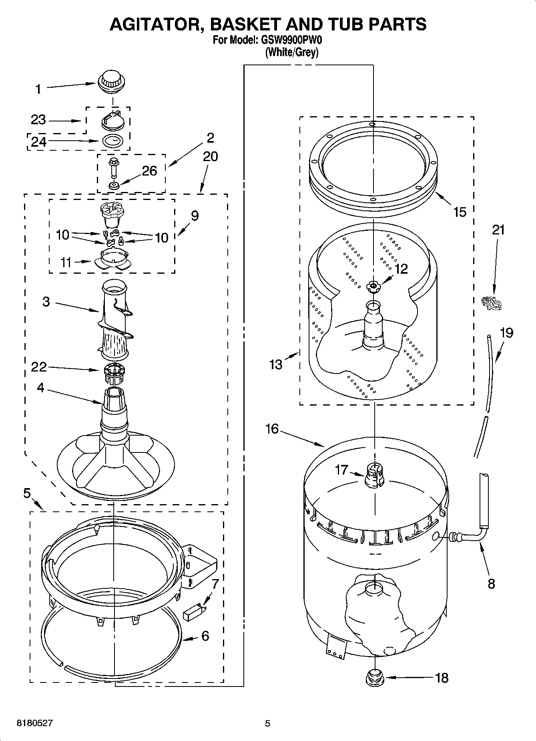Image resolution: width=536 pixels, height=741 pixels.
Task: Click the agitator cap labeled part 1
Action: tap(112, 82)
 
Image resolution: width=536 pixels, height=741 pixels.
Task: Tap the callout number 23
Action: tap(38, 120)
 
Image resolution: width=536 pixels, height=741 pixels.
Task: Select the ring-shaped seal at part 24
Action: tap(113, 141)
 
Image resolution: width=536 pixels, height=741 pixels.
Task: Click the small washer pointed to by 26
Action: tap(114, 186)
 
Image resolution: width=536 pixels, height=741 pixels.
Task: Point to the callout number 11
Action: tap(66, 262)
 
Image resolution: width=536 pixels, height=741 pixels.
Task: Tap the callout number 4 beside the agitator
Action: tap(40, 388)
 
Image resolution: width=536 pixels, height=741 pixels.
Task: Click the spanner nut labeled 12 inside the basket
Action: tap(373, 286)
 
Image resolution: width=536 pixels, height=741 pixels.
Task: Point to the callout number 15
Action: tap(460, 212)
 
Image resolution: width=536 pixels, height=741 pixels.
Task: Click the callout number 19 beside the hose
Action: tap(506, 333)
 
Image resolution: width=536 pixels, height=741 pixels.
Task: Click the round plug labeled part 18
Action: tap(374, 678)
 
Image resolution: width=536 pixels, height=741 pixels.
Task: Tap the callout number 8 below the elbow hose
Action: tap(492, 584)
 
